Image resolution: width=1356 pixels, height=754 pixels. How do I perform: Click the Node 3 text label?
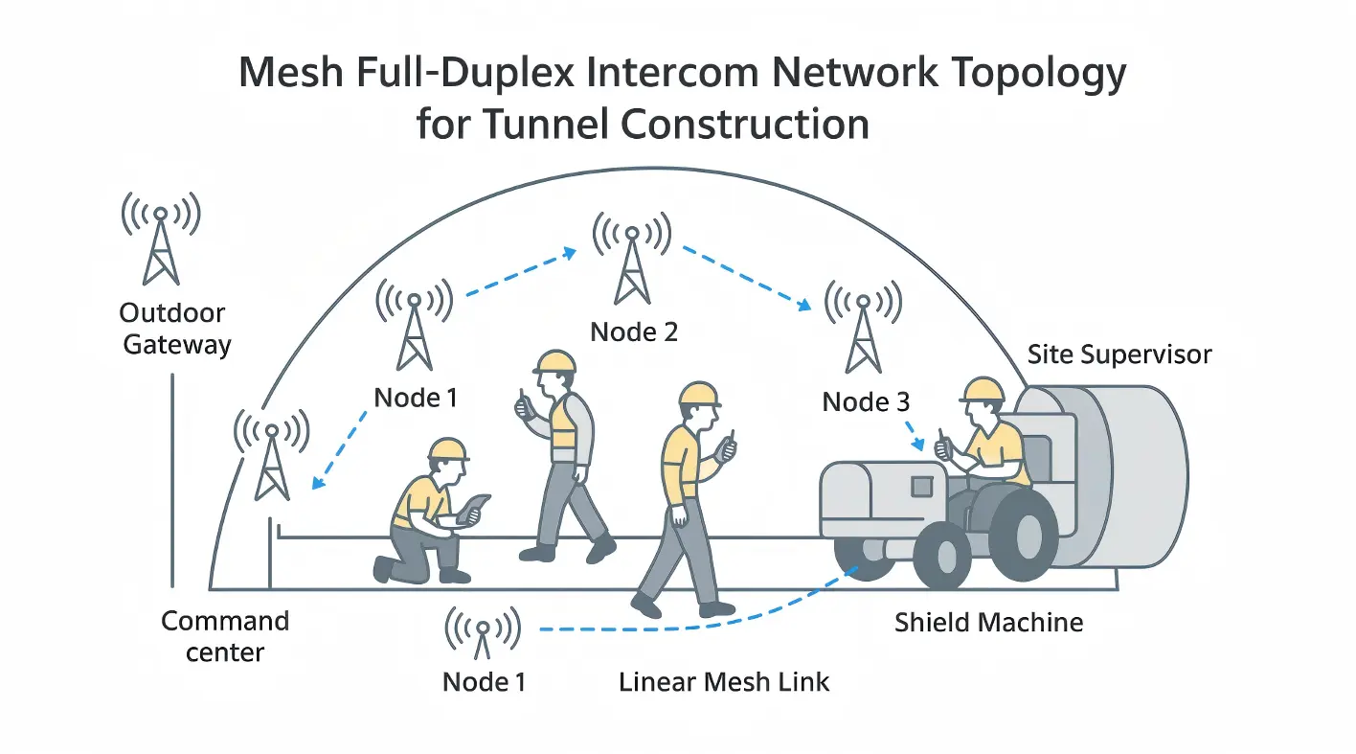tap(866, 402)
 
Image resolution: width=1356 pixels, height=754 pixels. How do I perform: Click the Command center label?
tap(225, 636)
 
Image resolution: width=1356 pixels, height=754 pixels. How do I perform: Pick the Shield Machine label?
tap(988, 623)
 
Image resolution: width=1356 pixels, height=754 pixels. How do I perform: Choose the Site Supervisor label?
tap(1119, 354)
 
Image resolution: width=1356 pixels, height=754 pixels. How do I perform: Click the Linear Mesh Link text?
tap(724, 682)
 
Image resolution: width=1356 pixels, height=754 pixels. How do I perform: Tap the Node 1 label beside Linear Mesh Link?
tap(484, 682)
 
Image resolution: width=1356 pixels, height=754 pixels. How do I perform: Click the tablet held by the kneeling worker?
tap(473, 509)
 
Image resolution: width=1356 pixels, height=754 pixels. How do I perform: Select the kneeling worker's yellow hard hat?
tap(447, 449)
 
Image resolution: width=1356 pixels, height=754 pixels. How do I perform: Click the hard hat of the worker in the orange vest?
tap(555, 361)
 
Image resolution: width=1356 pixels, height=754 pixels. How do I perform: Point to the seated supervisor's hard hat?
tap(982, 389)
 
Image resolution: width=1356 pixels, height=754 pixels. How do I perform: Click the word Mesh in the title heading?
tap(292, 74)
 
